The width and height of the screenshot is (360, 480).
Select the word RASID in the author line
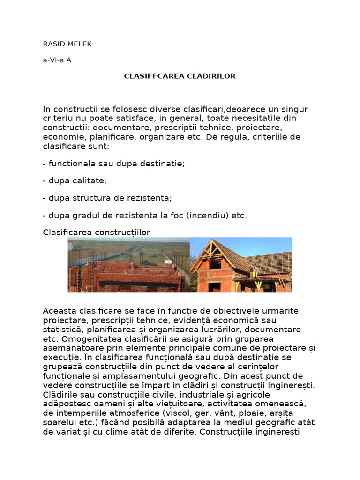54,44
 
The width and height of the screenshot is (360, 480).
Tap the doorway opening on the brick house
215,286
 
